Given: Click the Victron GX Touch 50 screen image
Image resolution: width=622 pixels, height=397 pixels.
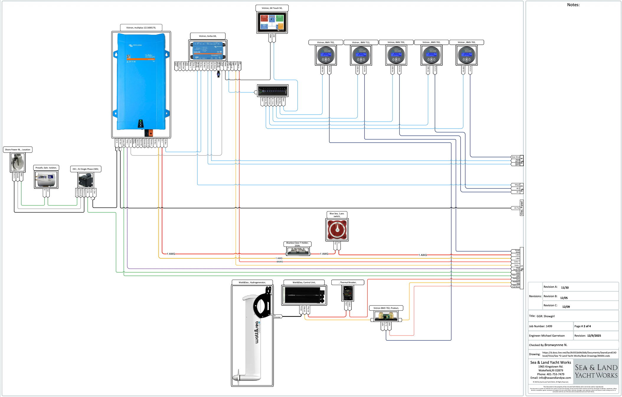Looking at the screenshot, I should (x=272, y=22).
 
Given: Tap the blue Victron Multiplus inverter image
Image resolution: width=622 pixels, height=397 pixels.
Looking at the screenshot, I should (x=141, y=82).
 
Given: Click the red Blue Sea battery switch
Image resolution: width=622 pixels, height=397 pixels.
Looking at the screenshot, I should (x=337, y=230).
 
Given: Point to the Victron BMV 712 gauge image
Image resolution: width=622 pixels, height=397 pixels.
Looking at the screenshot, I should (x=361, y=55).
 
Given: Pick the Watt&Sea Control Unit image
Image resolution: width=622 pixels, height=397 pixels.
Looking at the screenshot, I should (x=304, y=295).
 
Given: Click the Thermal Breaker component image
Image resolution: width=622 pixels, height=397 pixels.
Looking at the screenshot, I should (x=348, y=293).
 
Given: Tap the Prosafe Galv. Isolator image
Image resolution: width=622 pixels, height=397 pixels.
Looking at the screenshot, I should (x=46, y=179).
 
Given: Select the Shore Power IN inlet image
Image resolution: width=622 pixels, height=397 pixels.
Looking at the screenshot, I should (x=18, y=162).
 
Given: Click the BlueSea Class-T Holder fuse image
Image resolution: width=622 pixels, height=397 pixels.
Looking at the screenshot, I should (x=298, y=251).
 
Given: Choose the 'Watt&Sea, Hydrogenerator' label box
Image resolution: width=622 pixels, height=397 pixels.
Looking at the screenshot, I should (x=252, y=282).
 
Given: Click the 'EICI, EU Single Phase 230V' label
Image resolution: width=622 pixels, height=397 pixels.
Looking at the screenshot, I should (x=86, y=169).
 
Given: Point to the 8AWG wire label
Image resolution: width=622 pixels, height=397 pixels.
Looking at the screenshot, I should (x=280, y=262).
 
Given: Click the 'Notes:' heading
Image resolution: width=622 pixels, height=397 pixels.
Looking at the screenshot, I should (x=573, y=5).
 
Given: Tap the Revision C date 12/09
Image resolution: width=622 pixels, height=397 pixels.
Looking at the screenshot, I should (x=566, y=307).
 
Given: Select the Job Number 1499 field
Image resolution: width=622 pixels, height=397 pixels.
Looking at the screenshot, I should (x=541, y=326).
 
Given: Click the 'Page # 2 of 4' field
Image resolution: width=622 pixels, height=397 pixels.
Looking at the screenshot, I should (x=582, y=326).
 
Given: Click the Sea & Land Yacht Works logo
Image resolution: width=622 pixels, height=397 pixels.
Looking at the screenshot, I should (x=596, y=371).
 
